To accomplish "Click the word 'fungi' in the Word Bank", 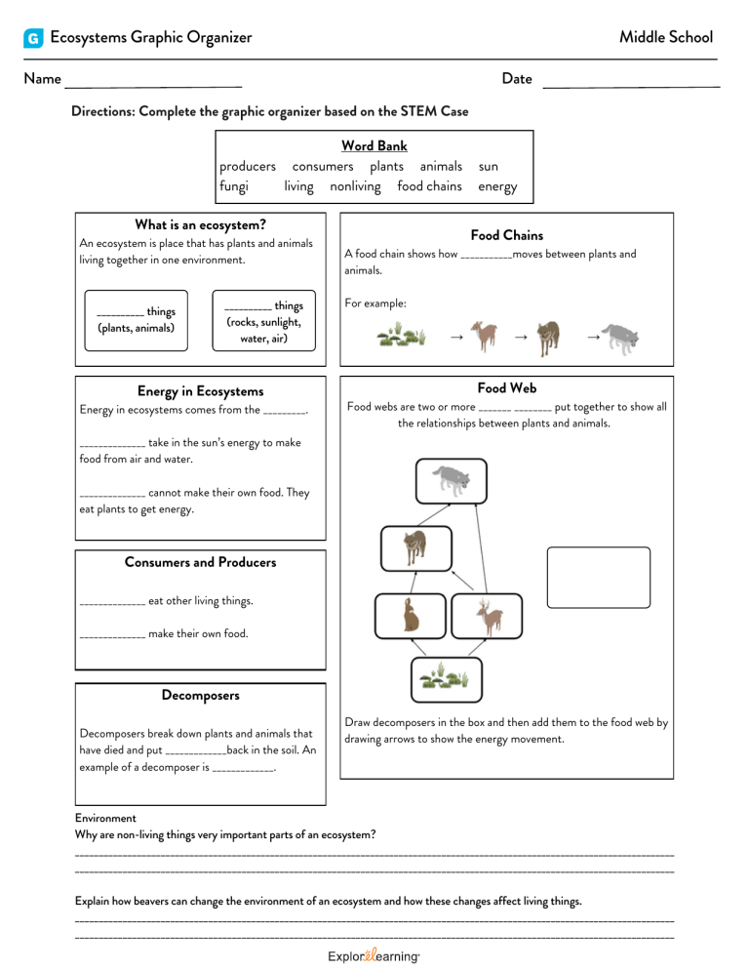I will [x=234, y=186].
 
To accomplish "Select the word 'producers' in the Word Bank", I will [x=248, y=167].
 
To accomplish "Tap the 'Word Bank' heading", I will [x=374, y=146].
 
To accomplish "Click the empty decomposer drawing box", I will [x=598, y=578].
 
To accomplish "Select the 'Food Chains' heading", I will [x=506, y=235].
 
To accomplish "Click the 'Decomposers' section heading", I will [x=200, y=696].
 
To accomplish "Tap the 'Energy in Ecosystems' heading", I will [x=200, y=391].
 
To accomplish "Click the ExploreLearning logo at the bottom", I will [x=374, y=958].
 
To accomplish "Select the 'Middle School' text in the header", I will [x=666, y=38].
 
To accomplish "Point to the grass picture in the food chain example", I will [x=403, y=338].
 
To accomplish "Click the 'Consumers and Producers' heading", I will [x=200, y=562].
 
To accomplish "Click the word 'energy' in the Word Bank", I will [x=497, y=186].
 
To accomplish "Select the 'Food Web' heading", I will [x=506, y=387].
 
